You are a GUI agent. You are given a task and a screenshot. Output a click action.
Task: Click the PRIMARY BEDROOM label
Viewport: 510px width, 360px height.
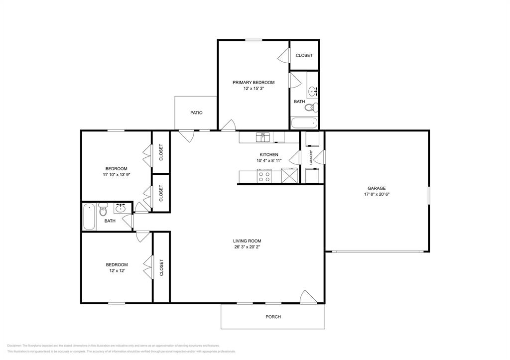(x=254, y=82)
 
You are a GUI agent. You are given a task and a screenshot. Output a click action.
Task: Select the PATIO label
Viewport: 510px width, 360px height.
(x=196, y=113)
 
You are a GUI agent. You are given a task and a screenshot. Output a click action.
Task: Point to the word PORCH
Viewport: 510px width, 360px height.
(x=273, y=317)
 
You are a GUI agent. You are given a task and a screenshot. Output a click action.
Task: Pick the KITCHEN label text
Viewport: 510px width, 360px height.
(x=269, y=154)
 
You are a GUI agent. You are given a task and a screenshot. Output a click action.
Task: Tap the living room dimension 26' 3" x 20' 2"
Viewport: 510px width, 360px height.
(x=248, y=246)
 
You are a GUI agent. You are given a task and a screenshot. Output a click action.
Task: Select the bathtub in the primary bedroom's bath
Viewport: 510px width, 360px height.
(x=304, y=122)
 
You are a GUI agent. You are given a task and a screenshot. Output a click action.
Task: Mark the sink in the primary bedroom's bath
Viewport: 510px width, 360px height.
(x=313, y=91)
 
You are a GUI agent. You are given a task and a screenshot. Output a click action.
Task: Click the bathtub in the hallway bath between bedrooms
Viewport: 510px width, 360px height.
(x=89, y=217)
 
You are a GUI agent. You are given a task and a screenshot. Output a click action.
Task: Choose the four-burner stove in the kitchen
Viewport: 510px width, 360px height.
(x=264, y=176)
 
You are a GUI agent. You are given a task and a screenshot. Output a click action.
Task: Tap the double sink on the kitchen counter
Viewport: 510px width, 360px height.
(x=263, y=135)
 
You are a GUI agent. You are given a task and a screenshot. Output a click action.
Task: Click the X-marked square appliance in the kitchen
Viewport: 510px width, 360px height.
(x=289, y=176)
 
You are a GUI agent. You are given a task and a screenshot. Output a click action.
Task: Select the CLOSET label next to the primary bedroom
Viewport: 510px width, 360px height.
(x=304, y=55)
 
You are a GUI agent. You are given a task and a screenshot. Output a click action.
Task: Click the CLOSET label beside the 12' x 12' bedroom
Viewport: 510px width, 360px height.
(x=161, y=267)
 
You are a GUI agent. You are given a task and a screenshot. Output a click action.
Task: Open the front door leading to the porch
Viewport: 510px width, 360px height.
(x=308, y=297)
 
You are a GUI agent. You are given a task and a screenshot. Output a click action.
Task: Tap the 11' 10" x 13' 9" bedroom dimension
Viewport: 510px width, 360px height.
(x=116, y=175)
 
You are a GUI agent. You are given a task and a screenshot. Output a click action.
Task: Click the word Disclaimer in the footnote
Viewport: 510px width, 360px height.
(x=14, y=345)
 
